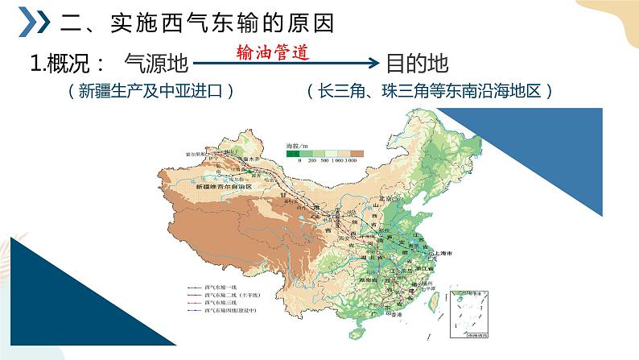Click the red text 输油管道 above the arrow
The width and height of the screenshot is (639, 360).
click(x=273, y=51)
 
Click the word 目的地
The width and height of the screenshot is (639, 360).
click(x=417, y=63)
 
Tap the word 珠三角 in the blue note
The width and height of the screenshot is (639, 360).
click(x=414, y=91)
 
